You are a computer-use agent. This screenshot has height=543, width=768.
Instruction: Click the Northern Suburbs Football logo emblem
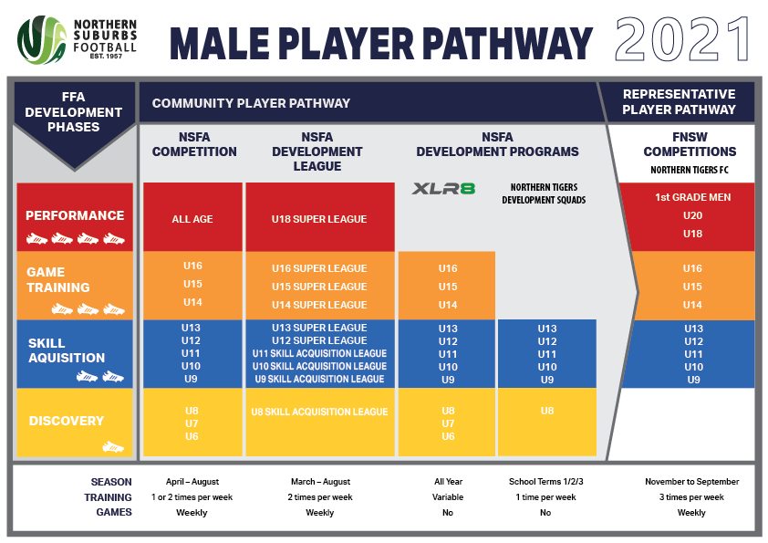(42, 39)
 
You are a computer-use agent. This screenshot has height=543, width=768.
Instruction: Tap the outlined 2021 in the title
(682, 39)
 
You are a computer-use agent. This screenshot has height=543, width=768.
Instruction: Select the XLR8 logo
(443, 189)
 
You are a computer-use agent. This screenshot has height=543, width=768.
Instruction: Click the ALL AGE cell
(192, 219)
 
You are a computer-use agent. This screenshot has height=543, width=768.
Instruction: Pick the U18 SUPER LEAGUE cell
(319, 219)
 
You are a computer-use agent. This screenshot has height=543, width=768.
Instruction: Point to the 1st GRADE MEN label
(692, 197)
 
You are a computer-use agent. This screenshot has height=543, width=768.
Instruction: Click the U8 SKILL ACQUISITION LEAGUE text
(319, 412)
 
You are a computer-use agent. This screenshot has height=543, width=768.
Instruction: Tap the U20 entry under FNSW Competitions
(692, 215)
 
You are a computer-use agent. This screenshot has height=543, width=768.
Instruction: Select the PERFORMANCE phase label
(75, 215)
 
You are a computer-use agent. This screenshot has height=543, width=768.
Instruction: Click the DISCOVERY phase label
(67, 421)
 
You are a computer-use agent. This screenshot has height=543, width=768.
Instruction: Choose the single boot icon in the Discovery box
(113, 446)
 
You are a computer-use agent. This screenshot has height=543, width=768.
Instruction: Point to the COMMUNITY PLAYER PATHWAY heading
(251, 103)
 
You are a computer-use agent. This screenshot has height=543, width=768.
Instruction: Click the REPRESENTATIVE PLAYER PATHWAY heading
(679, 101)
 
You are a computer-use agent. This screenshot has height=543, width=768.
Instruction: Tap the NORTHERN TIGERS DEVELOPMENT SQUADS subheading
(544, 193)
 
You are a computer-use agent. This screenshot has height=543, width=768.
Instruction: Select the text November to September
(691, 482)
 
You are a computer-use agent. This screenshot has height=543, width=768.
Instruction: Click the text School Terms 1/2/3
(545, 482)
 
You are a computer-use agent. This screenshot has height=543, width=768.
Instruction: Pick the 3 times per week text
(691, 497)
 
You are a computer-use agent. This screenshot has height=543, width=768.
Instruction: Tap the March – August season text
(320, 482)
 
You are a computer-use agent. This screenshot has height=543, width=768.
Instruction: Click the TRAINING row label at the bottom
(108, 497)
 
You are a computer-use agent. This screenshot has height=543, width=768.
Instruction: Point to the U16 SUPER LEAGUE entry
(319, 268)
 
